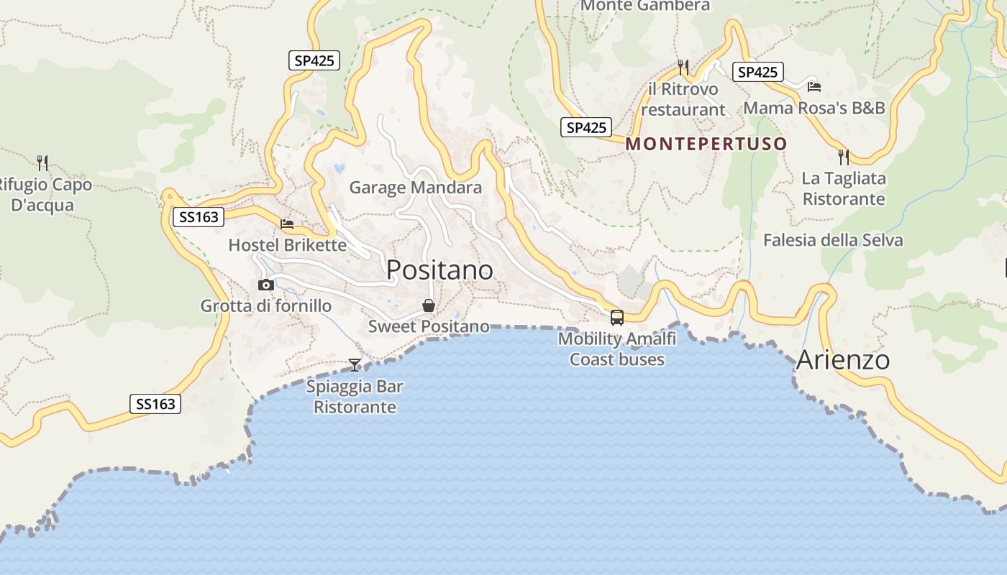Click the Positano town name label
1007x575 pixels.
coord(439,270)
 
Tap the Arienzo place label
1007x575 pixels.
coord(843,359)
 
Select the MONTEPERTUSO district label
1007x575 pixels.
coord(706,144)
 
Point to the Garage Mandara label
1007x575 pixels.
coord(415,188)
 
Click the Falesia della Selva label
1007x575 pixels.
coord(832,240)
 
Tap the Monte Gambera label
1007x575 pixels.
coord(644,6)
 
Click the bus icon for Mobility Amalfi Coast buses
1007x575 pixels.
coord(616,317)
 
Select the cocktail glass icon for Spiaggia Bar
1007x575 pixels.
coord(355,365)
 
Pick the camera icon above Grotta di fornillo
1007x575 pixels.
coord(266,285)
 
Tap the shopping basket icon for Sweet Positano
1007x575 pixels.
coord(429,305)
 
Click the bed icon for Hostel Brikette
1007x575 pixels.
coord(287,224)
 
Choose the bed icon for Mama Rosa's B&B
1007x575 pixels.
coord(814,86)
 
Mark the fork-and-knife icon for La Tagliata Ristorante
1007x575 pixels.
coord(843,156)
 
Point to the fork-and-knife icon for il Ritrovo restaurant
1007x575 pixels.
coord(683,68)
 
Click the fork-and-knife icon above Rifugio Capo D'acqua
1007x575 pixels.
coord(42,162)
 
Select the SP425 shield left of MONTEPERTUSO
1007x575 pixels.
coord(586,127)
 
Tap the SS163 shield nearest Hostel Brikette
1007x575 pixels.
coord(199,216)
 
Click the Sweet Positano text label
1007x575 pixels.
coord(429,326)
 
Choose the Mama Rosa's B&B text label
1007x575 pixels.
coord(814,108)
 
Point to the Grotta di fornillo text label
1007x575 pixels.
coord(266,306)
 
